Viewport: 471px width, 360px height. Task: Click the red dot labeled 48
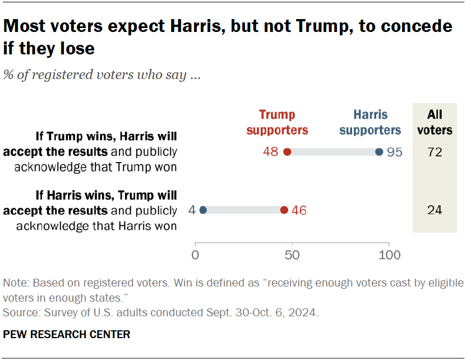click(287, 152)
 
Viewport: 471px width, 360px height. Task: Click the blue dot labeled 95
click(379, 152)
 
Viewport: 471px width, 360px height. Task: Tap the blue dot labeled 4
click(203, 210)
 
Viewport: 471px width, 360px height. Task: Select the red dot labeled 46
click(284, 210)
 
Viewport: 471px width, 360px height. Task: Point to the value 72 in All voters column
click(435, 152)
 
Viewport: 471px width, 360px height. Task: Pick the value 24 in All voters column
click(435, 210)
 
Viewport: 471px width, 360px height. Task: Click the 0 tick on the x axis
click(196, 255)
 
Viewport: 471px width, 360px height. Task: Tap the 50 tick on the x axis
click(292, 255)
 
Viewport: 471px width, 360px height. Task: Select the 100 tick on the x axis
click(389, 255)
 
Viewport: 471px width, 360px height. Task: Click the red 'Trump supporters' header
click(277, 122)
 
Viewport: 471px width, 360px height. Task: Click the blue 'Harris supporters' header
click(370, 122)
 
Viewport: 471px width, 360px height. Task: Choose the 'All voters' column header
click(435, 122)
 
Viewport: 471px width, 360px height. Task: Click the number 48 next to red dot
click(271, 152)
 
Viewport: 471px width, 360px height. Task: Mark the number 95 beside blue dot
click(395, 152)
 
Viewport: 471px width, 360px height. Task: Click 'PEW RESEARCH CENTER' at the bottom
click(67, 334)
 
